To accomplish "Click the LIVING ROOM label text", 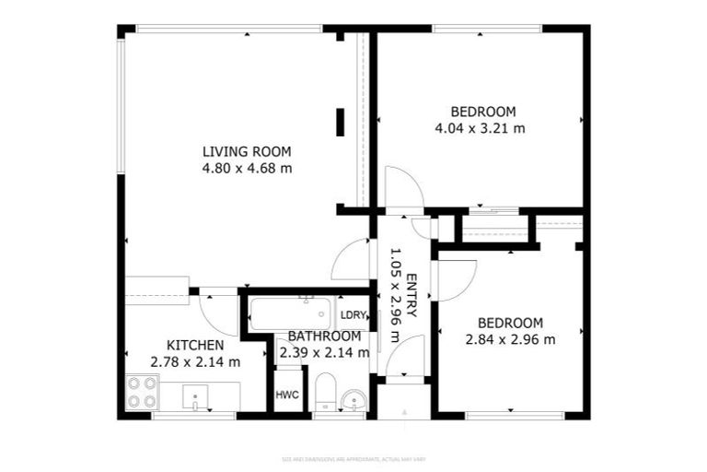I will click(247, 152).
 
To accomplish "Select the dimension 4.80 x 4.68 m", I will click(247, 168).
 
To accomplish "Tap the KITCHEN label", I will click(195, 346).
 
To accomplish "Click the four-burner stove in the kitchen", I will click(143, 392).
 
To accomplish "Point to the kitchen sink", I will click(195, 399).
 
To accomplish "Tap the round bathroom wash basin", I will click(353, 399).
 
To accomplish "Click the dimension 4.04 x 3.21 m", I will click(480, 128).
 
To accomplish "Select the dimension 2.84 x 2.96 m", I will click(510, 339).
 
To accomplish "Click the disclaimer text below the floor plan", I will click(353, 458).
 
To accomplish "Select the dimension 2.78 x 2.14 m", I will click(195, 361).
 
